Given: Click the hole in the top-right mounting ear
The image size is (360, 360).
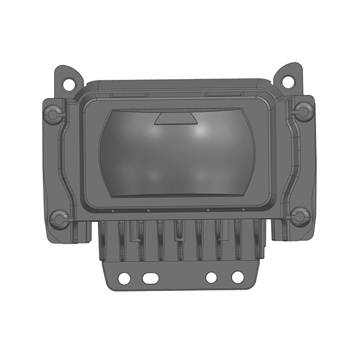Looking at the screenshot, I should pyautogui.click(x=289, y=79).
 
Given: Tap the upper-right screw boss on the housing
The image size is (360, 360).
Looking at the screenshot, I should pyautogui.click(x=303, y=110).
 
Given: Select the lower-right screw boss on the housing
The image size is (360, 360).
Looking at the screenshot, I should pyautogui.click(x=299, y=216).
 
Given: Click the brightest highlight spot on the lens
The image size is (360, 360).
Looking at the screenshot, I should pyautogui.click(x=200, y=130).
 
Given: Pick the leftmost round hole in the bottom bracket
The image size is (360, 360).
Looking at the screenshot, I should pyautogui.click(x=124, y=278).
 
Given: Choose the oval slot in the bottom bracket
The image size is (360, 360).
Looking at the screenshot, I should pyautogui.click(x=149, y=278).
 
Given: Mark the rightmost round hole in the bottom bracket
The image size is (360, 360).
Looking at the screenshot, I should pyautogui.click(x=238, y=277).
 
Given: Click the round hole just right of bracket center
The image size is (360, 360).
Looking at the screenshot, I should pyautogui.click(x=211, y=278).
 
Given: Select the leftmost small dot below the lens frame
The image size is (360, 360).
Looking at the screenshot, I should pyautogui.click(x=112, y=211).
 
